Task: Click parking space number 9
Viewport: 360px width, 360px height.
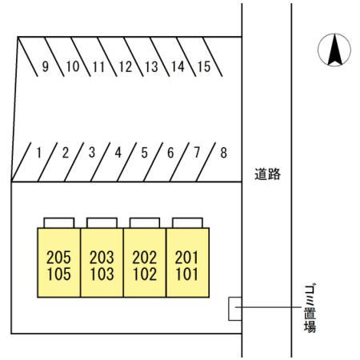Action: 46,66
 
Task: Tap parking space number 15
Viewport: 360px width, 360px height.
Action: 204,66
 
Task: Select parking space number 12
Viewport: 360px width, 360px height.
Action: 126,66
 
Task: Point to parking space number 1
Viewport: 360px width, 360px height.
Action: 39,153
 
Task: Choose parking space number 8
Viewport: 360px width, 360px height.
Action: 223,153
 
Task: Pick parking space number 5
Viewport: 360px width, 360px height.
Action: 144,153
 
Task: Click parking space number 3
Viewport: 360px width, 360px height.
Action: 92,153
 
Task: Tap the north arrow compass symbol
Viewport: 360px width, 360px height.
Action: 334,50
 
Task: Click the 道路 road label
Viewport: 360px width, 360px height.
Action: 267,174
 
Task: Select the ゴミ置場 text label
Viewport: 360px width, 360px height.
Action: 310,308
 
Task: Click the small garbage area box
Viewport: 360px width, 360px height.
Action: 235,309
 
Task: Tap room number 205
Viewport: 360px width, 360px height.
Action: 58,258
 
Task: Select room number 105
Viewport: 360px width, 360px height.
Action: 58,274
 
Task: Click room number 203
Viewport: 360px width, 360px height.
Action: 102,258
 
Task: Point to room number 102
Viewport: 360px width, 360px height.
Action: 145,274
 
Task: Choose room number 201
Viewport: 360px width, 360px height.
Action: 187,258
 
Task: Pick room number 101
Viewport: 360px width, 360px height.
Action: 187,274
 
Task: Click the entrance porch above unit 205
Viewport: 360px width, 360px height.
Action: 59,223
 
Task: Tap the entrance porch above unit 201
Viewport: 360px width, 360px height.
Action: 187,223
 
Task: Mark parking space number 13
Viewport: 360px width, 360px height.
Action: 152,66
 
